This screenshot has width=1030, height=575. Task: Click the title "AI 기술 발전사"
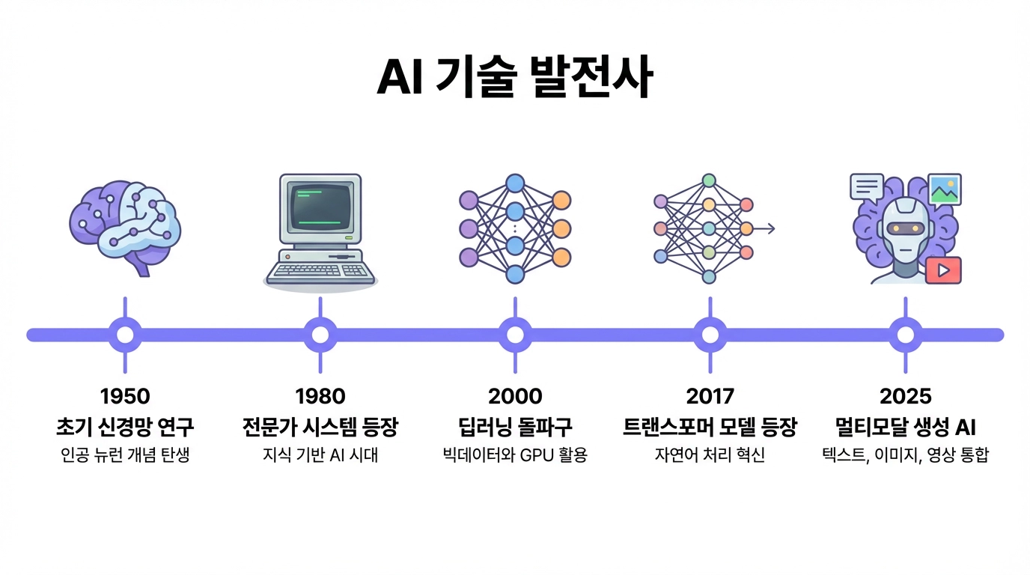tap(514, 78)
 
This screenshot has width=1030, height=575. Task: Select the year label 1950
tap(125, 395)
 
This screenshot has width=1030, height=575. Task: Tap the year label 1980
tap(320, 395)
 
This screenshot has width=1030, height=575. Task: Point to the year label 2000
tap(515, 395)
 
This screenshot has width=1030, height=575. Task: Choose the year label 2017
tap(710, 395)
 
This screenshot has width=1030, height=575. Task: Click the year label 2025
tap(905, 395)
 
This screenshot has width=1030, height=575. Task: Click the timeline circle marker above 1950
tap(125, 334)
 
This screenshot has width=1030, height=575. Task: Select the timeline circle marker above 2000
tap(515, 334)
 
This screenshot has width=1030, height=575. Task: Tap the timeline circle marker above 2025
tap(905, 334)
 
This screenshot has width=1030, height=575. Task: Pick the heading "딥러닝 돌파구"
tap(515, 428)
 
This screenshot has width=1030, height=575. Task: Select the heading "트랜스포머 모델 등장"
tap(710, 428)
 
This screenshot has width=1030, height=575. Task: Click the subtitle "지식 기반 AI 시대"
tap(320, 455)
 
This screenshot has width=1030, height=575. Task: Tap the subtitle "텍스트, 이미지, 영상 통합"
tap(905, 455)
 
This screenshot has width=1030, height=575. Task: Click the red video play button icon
tap(942, 270)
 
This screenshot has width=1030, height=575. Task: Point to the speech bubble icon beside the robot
tap(867, 187)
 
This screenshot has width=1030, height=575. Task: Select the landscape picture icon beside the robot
tap(944, 189)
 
